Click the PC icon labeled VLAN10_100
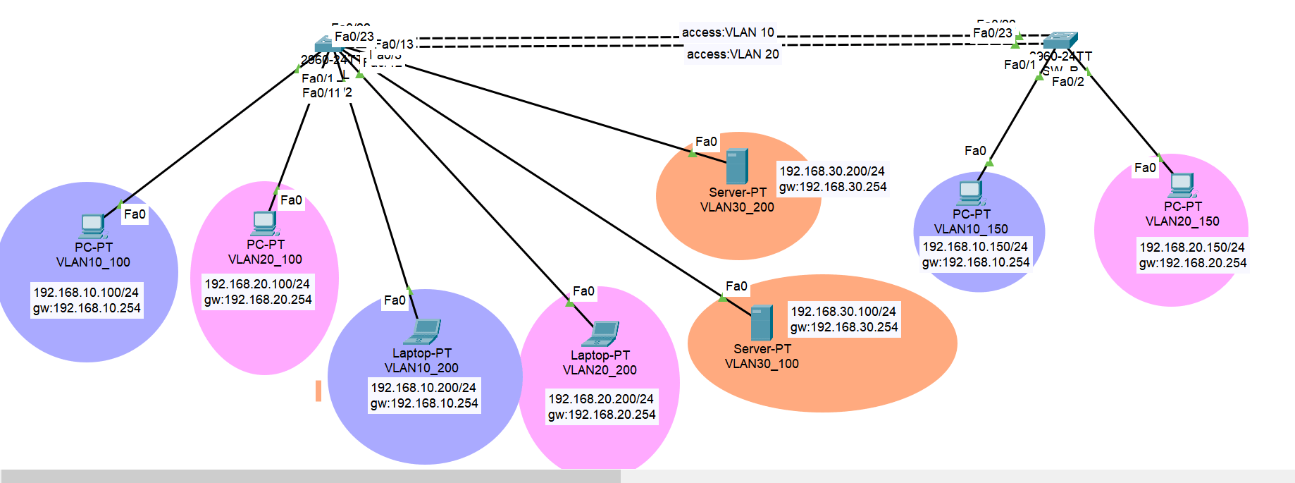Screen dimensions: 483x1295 click(92, 226)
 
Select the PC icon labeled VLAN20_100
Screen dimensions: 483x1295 click(265, 224)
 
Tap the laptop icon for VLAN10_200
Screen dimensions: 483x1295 click(426, 332)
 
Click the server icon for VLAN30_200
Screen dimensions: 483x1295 click(737, 166)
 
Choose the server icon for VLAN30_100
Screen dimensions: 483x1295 click(762, 323)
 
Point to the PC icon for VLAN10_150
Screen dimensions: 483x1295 click(970, 192)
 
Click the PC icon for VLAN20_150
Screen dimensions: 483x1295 click(1182, 185)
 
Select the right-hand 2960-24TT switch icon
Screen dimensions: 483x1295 click(1060, 39)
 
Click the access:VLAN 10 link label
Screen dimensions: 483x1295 click(728, 32)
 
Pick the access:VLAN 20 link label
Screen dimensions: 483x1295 click(733, 54)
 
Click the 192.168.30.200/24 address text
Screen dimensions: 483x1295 click(831, 171)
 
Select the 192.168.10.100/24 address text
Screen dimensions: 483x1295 click(86, 293)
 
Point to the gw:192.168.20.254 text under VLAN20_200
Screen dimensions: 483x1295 click(602, 415)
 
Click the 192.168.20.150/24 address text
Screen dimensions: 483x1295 click(1192, 247)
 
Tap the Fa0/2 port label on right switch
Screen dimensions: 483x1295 click(1068, 82)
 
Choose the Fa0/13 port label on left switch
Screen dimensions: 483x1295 click(395, 44)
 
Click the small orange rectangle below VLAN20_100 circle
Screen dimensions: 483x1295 click(318, 391)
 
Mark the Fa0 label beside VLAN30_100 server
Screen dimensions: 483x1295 click(736, 286)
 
